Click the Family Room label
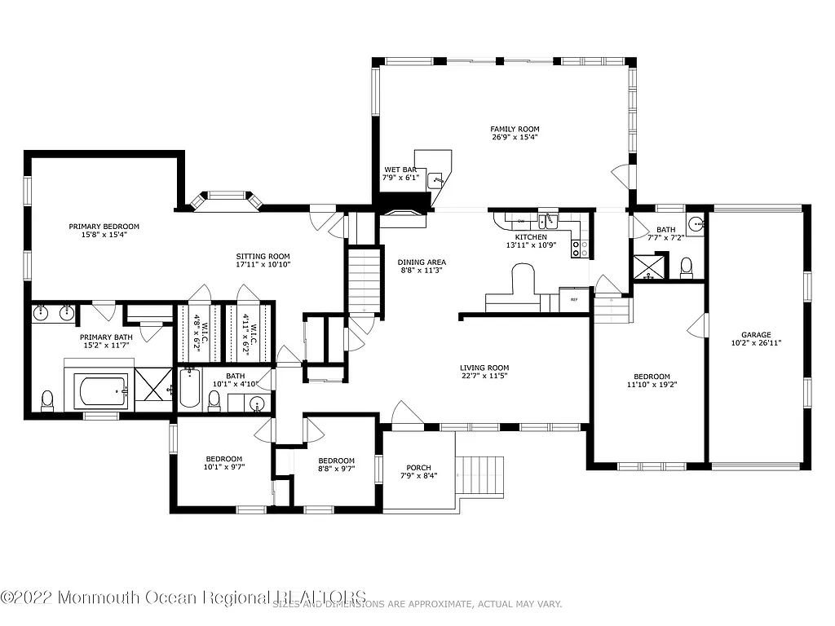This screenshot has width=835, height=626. (x=515, y=129)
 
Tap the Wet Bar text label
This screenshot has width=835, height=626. (x=401, y=170)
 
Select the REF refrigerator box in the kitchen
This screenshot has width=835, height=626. (x=574, y=300)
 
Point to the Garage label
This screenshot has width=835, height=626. (x=756, y=334)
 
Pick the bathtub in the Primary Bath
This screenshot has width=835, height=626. (x=101, y=391)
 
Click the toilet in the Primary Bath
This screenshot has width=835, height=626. (x=47, y=399)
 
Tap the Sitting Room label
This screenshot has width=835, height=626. (x=263, y=254)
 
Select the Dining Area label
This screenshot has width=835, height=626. (x=422, y=262)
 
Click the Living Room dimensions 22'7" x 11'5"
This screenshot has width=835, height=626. (x=484, y=377)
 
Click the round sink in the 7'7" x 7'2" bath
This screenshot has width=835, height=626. (x=695, y=224)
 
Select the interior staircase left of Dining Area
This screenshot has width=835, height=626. (x=364, y=281)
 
